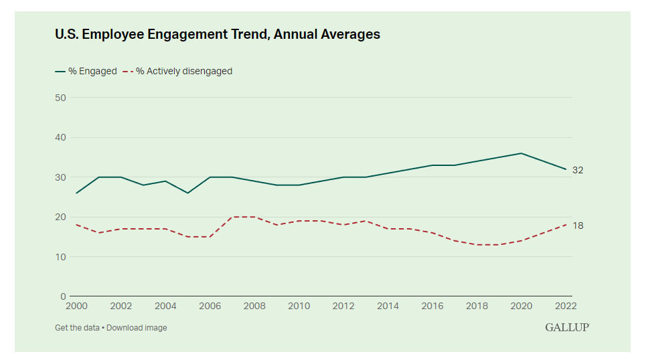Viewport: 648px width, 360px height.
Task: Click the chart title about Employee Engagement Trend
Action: [x=218, y=34]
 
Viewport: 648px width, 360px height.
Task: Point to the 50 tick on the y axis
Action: [x=60, y=98]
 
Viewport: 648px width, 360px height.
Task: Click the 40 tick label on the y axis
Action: [x=60, y=137]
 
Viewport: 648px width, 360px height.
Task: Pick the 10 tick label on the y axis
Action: [x=60, y=257]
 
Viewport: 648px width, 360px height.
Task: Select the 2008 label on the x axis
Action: [x=254, y=306]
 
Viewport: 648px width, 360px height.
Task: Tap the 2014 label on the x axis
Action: [x=388, y=306]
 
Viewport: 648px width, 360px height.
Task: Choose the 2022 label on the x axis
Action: [x=566, y=306]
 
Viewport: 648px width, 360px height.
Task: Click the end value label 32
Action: [x=578, y=170]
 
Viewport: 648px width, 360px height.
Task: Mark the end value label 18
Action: [x=578, y=226]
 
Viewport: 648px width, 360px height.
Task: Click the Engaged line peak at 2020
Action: [x=521, y=153]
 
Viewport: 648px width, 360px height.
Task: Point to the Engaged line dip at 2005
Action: [x=187, y=193]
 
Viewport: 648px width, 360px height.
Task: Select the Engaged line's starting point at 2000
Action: [x=76, y=193]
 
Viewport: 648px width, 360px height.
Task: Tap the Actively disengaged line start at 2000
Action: [x=76, y=225]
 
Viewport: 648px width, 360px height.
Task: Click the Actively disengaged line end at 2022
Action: [x=566, y=225]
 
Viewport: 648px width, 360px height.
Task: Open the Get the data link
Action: [x=77, y=328]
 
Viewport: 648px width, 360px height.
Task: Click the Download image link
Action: [x=137, y=328]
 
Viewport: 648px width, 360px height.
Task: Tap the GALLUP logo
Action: [x=566, y=327]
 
